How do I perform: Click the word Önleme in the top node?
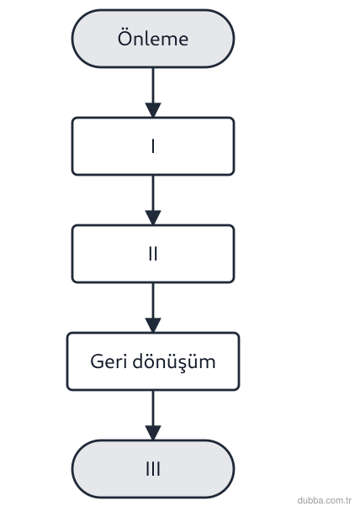pos(153,38)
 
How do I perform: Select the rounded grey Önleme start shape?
pos(153,39)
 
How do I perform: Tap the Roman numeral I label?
pos(153,146)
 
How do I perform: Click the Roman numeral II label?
pos(153,254)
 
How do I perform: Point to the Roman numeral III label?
pos(153,469)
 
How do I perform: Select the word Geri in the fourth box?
pos(109,361)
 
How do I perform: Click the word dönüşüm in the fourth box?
pos(174,362)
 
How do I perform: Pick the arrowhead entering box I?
pos(153,110)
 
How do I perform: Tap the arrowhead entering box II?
pos(153,218)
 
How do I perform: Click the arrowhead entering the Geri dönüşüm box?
pos(153,325)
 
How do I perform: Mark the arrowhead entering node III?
pos(153,433)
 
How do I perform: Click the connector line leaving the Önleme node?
pos(153,86)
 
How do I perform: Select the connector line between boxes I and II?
pos(153,193)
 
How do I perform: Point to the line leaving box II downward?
pos(153,301)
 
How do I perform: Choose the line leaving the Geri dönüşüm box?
pos(153,408)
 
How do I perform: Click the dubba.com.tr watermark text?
pos(325,500)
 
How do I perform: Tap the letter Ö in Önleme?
pos(124,38)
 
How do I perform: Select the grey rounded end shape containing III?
pos(153,469)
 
